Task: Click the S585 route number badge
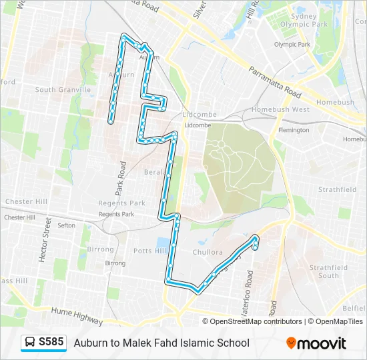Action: point(51,343)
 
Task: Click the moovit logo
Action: point(316,343)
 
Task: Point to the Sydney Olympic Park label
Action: point(294,19)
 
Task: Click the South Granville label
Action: point(63,89)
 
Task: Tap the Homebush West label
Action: point(280,109)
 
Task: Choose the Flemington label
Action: point(294,130)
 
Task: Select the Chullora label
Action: point(208,252)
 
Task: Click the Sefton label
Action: point(66,225)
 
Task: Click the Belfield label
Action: point(354,290)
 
